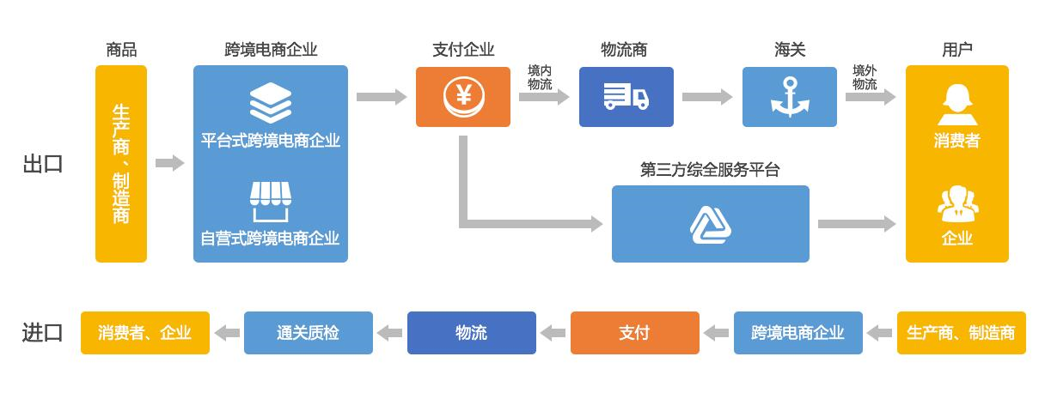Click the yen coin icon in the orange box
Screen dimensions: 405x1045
point(464,97)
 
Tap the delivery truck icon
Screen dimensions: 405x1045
point(626,96)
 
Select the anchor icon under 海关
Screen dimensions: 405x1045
point(789,97)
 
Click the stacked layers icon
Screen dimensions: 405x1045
point(271,103)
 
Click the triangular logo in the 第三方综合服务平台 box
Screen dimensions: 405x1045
point(710,224)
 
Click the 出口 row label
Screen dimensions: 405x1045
point(42,164)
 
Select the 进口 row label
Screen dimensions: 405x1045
point(42,333)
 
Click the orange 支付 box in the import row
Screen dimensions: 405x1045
point(634,333)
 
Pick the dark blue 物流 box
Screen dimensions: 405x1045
point(470,333)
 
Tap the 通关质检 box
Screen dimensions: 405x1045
point(309,333)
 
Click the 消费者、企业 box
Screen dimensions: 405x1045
point(144,333)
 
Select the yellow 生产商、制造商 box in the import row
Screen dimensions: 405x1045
point(961,333)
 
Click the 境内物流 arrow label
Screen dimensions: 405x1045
point(540,77)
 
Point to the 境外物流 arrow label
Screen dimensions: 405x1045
point(865,77)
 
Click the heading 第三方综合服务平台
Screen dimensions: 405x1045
point(710,169)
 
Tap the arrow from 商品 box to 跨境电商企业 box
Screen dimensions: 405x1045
point(169,163)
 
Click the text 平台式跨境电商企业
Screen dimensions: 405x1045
point(271,141)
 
